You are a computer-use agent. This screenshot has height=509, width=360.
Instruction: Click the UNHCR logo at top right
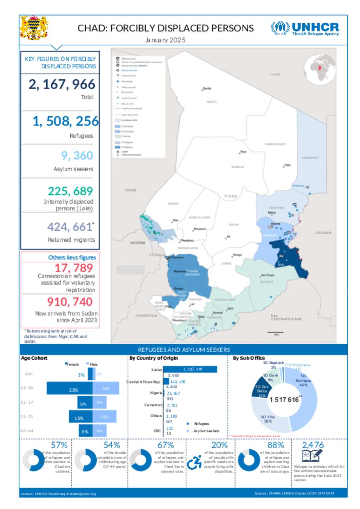point(305,28)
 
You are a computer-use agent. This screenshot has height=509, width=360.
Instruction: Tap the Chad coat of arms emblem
point(34,27)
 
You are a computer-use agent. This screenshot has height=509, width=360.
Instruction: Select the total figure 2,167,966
point(62,84)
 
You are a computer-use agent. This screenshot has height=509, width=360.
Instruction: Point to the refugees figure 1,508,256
point(65,121)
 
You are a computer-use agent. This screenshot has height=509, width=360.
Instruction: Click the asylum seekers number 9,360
point(77,155)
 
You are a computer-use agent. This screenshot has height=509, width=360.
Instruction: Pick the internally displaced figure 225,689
point(70,191)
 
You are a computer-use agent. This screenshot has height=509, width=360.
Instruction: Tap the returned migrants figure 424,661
point(70,227)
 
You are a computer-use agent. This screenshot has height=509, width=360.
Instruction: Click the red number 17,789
point(73,268)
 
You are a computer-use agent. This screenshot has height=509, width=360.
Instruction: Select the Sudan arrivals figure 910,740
point(70,302)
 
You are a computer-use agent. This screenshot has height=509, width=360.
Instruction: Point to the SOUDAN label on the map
point(323,233)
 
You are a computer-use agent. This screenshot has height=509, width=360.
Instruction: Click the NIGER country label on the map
point(131,190)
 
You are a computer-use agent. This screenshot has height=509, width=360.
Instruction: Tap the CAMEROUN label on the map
point(146,315)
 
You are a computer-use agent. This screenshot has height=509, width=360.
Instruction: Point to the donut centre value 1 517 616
point(284,400)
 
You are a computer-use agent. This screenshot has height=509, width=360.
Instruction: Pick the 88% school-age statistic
point(276,445)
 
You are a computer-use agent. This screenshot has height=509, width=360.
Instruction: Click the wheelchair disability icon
point(194,463)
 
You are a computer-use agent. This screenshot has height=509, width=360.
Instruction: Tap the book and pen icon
point(312,456)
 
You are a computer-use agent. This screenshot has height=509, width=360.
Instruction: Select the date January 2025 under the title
point(165,40)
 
